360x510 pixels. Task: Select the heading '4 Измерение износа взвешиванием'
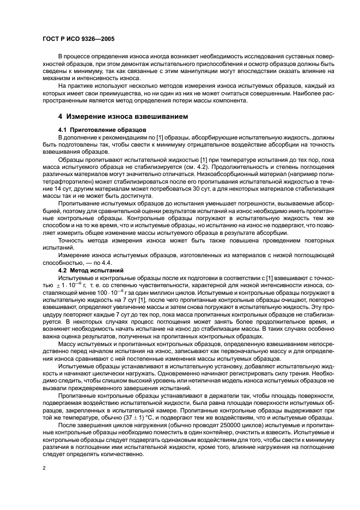tap(123, 116)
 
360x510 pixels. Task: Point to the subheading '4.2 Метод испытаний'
tap(91, 271)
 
